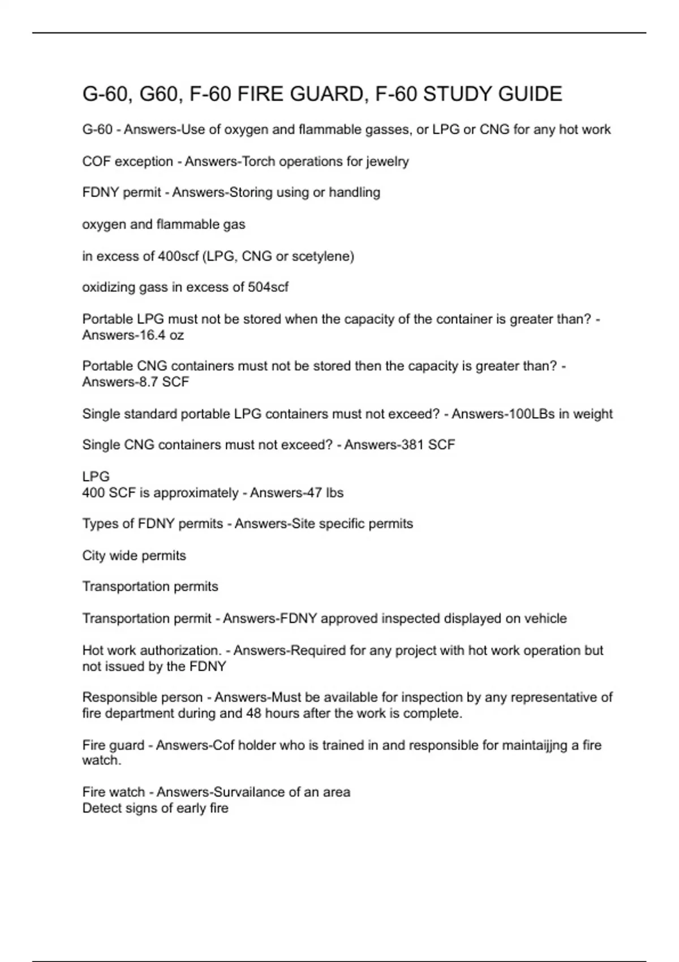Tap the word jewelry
point(387,161)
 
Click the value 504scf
point(268,287)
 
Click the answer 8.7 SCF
point(164,382)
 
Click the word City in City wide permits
point(94,556)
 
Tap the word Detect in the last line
point(101,808)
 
